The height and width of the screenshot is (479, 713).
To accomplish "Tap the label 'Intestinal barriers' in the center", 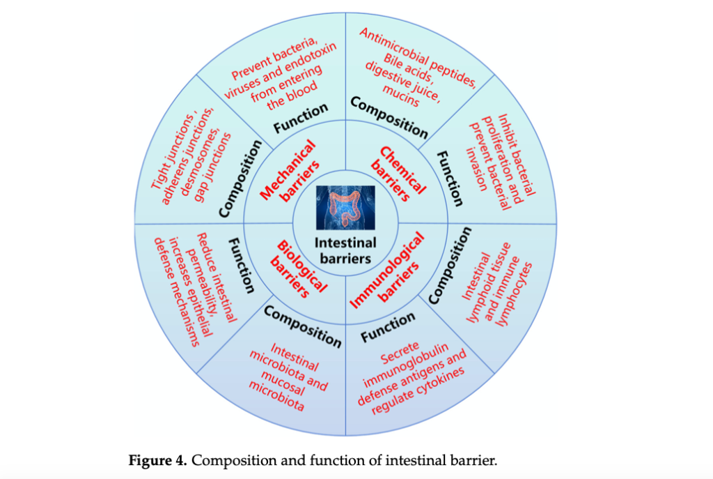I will point(345,250).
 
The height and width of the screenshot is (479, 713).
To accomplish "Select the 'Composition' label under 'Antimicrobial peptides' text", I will point(389,116).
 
